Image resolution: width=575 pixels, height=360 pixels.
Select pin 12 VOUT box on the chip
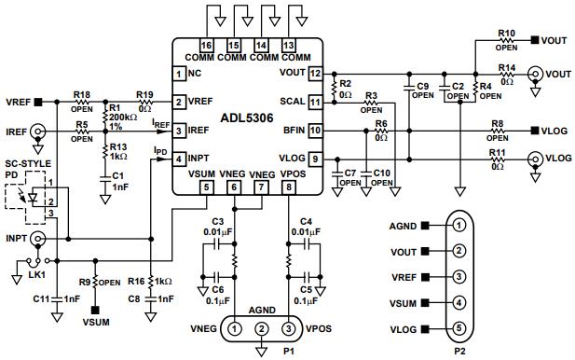tap(315, 73)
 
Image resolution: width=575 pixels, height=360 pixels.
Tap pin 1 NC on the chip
tap(178, 73)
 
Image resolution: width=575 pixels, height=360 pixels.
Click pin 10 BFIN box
tap(315, 131)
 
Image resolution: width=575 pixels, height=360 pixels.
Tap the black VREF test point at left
tap(37, 102)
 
